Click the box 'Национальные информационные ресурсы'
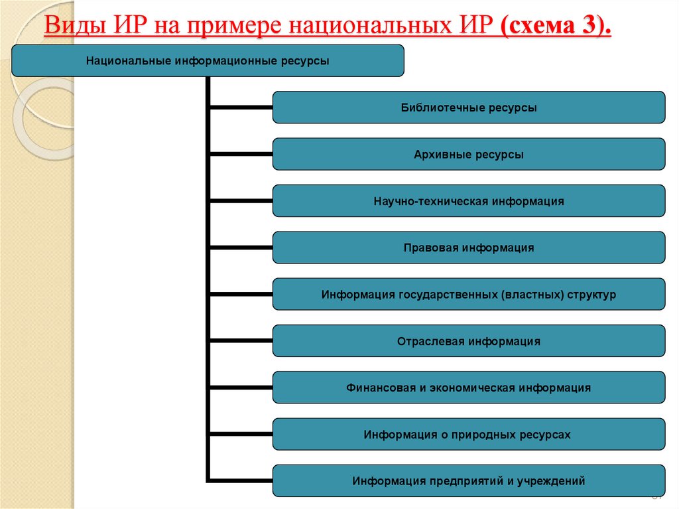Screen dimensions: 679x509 coord(208,60)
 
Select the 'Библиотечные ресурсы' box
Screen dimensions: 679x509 coord(469,108)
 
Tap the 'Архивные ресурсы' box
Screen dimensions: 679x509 coord(469,155)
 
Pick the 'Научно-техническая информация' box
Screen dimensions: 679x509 coord(469,201)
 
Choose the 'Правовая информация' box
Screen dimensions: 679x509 coord(469,248)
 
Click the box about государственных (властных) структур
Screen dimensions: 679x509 coord(469,294)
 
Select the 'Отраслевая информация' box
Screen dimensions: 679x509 coord(469,341)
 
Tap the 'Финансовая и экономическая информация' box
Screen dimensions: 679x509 coord(469,388)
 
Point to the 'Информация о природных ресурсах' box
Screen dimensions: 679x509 coord(469,435)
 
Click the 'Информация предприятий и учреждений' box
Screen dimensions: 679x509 coord(469,481)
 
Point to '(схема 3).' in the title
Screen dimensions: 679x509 coord(557,29)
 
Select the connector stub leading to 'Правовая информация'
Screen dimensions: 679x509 coord(241,248)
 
